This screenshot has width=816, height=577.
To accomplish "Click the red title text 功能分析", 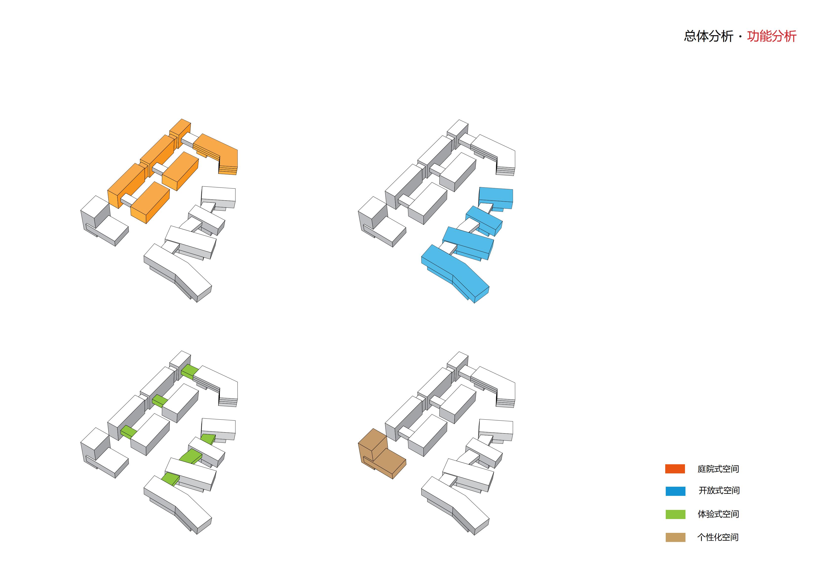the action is (x=772, y=36).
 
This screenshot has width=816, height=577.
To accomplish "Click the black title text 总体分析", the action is (x=708, y=36).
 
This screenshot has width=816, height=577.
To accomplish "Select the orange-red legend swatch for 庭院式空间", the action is (x=675, y=469).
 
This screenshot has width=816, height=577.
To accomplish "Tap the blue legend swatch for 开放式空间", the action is (x=675, y=491).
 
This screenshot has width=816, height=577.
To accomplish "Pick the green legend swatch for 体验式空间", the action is (x=675, y=514).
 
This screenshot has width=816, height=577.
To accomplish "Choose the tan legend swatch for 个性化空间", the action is (x=675, y=537).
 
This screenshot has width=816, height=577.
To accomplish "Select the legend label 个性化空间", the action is (x=718, y=537).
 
